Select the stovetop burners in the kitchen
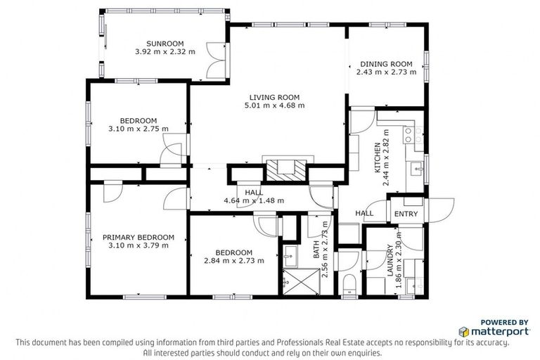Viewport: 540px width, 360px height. (x=410, y=134)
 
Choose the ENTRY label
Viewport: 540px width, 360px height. (x=406, y=214)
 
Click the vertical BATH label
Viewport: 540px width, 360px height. (x=316, y=249)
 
